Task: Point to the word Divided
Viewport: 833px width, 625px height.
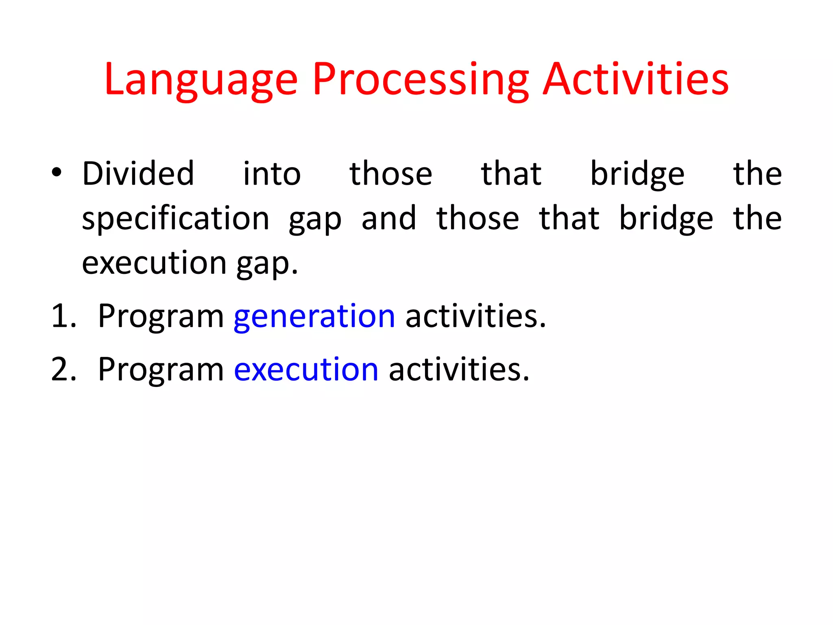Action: pyautogui.click(x=138, y=173)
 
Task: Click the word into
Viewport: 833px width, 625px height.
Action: pyautogui.click(x=272, y=174)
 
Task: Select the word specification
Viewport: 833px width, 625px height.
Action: pyautogui.click(x=175, y=219)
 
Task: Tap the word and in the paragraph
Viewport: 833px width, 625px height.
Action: pyautogui.click(x=389, y=218)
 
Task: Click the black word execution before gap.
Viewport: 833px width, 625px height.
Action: pyautogui.click(x=154, y=263)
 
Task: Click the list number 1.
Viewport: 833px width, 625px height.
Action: pyautogui.click(x=63, y=316)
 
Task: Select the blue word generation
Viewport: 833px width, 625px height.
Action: pyautogui.click(x=314, y=317)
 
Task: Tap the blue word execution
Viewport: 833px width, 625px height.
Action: pyautogui.click(x=306, y=369)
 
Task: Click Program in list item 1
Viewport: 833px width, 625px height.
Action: pyautogui.click(x=161, y=317)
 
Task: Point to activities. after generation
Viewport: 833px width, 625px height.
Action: pyautogui.click(x=475, y=316)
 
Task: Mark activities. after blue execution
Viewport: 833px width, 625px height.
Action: pyautogui.click(x=459, y=369)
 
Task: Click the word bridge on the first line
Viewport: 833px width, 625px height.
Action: pyautogui.click(x=637, y=174)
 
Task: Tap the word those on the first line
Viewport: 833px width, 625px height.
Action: pyautogui.click(x=390, y=173)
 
